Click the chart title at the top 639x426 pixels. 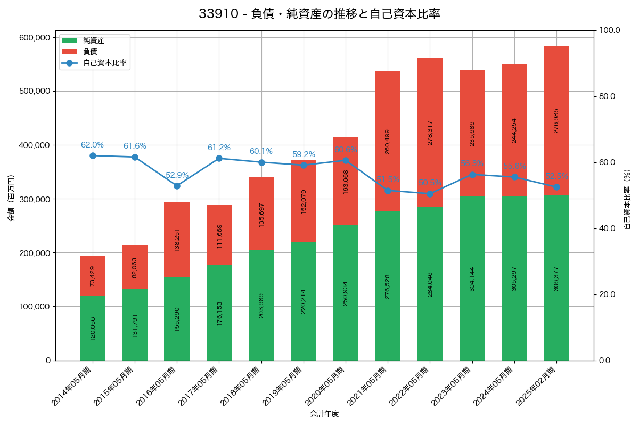click(319, 14)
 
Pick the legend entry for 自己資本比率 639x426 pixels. click(104, 63)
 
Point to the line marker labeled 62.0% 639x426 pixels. click(93, 155)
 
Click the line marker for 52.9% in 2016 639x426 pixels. click(177, 186)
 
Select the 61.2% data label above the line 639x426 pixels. click(219, 148)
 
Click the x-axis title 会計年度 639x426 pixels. click(324, 413)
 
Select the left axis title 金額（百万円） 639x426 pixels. click(11, 198)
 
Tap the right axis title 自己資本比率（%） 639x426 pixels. click(627, 199)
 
